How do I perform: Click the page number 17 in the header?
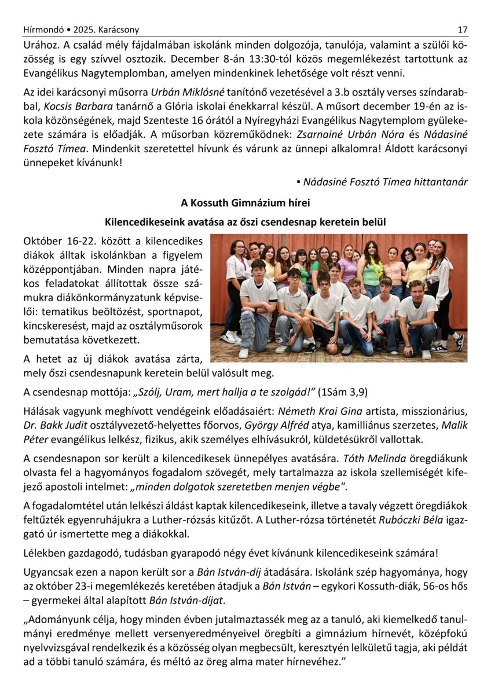coord(462,30)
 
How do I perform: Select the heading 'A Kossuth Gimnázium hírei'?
coord(245,203)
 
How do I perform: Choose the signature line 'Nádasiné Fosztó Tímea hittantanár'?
coord(385,182)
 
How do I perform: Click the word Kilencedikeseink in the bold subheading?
coord(140,222)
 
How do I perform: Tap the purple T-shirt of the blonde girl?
coord(348,270)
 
